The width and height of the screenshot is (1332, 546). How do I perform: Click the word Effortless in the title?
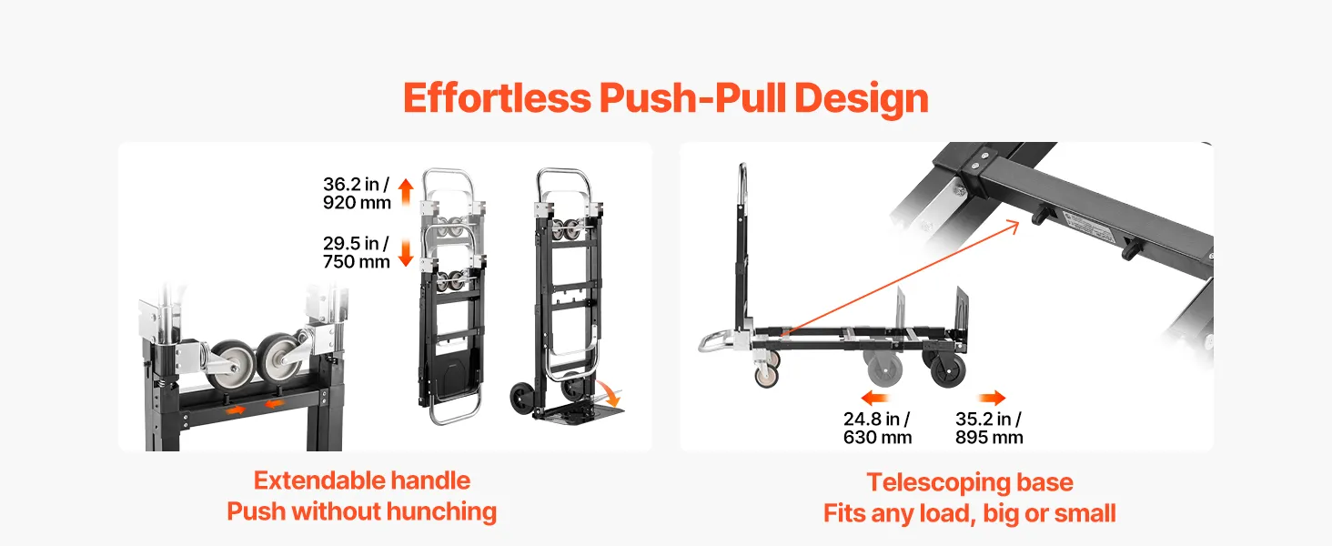(497, 98)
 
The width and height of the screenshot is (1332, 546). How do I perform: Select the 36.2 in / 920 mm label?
(357, 193)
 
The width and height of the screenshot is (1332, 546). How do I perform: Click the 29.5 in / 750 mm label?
(356, 252)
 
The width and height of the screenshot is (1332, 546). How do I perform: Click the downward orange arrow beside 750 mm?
(406, 253)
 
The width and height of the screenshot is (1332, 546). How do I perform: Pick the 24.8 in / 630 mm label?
(877, 429)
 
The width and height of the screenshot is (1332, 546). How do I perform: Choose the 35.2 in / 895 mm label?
(989, 429)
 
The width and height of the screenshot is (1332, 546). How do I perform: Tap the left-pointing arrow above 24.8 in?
(874, 398)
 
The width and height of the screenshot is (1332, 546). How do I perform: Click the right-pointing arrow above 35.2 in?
(992, 398)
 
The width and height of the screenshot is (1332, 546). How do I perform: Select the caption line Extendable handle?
(362, 480)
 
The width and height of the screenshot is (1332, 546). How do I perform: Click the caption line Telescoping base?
(970, 482)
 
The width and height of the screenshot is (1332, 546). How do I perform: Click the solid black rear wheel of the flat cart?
(948, 368)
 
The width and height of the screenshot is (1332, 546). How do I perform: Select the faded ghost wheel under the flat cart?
(884, 369)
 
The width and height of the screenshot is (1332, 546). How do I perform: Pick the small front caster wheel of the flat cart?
(766, 376)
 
